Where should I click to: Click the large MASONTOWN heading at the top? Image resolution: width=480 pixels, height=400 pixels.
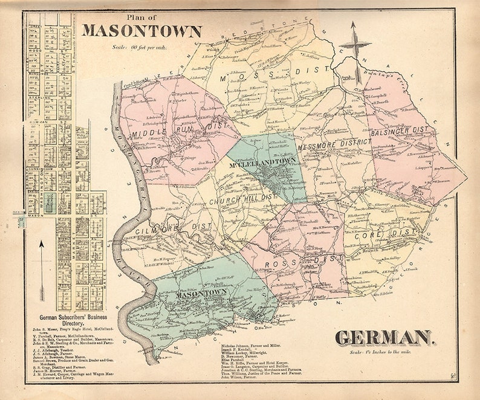click(x=142, y=30)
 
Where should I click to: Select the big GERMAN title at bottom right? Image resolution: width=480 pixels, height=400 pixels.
click(x=384, y=338)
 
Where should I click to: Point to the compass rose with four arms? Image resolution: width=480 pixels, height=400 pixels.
click(x=355, y=44)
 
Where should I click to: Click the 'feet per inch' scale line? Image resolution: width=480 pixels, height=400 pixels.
click(x=139, y=47)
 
